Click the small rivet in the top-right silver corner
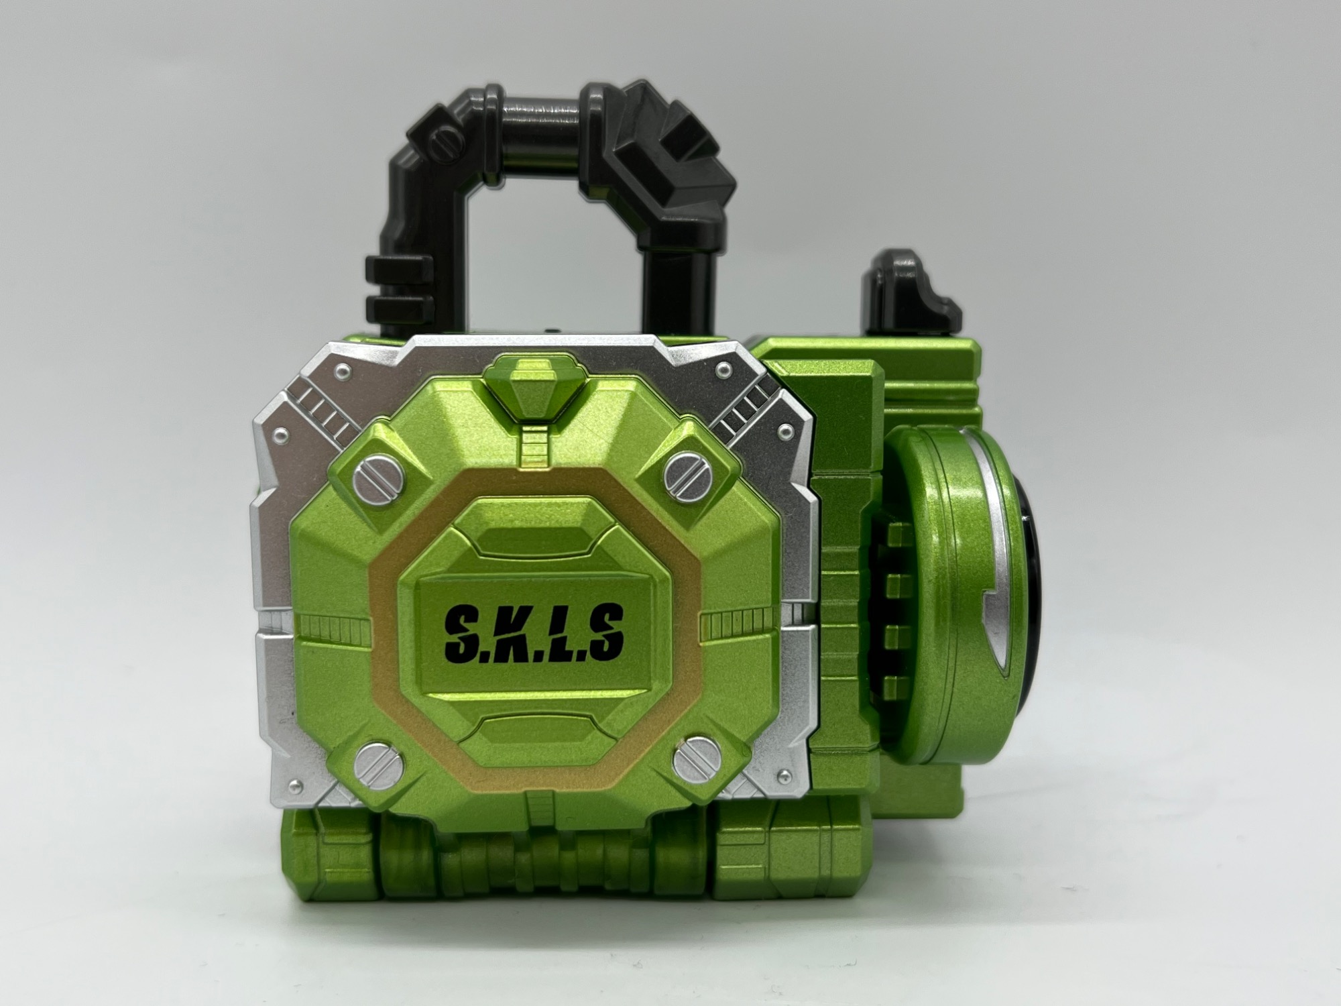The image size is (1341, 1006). coord(723,369)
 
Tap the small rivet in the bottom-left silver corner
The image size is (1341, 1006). coord(293,785)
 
